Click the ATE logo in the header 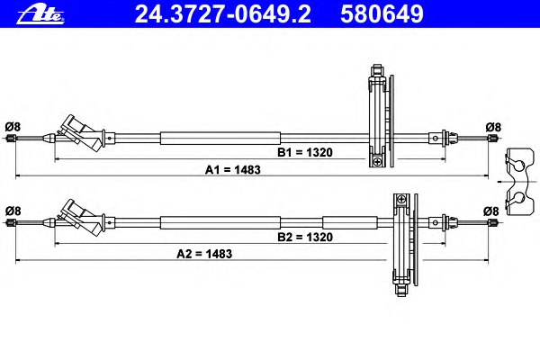(40, 14)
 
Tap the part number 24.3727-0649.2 (222, 14)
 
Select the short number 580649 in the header (382, 14)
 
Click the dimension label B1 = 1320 (305, 152)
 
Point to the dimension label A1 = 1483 (233, 170)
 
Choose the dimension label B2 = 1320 (305, 237)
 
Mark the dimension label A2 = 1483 (204, 254)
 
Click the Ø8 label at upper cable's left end (13, 127)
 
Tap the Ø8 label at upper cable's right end (493, 127)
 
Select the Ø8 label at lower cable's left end (13, 211)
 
